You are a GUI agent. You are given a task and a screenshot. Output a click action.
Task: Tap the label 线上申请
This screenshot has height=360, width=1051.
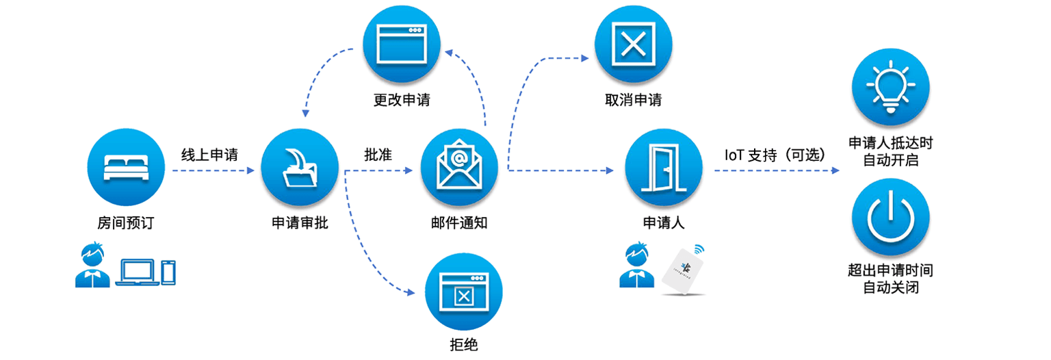point(209,154)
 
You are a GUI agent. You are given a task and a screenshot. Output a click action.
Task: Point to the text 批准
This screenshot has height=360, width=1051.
point(378,154)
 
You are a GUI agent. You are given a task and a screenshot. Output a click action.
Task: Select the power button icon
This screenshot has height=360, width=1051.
point(890,218)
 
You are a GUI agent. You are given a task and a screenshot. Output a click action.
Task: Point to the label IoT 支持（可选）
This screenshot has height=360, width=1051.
point(775,155)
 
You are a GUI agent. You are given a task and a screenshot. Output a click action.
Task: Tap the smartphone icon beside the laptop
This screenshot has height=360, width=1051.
point(168,272)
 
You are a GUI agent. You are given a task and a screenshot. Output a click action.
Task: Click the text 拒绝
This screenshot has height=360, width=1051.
point(465,344)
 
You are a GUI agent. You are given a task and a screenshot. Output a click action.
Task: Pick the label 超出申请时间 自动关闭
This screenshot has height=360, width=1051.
point(890,279)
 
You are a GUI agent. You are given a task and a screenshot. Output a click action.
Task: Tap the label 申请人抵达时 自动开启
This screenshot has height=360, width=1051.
point(890,151)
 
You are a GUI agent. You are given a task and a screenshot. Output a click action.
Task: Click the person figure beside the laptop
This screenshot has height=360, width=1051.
point(92,266)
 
